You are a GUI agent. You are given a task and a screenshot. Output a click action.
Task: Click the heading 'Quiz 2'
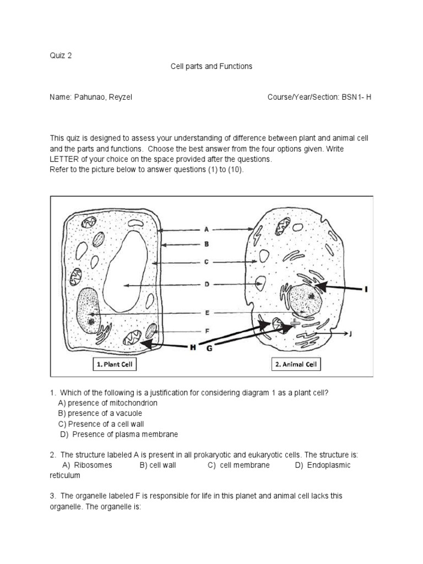pos(61,55)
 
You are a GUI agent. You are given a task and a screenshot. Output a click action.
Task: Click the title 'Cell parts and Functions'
pos(211,66)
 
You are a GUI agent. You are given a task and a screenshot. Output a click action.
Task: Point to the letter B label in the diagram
pos(206,243)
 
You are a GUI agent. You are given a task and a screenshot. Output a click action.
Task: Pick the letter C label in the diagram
pos(206,262)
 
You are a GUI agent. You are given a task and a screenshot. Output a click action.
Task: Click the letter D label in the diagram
pos(206,285)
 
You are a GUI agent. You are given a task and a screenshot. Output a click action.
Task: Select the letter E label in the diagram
pos(207,313)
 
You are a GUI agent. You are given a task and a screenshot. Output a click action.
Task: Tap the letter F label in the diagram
pos(207,331)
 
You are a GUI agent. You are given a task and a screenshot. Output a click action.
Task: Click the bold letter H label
pos(192,348)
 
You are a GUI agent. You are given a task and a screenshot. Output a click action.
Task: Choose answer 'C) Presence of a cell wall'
pos(96,424)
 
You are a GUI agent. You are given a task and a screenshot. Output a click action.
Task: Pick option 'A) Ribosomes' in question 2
pos(87,465)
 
